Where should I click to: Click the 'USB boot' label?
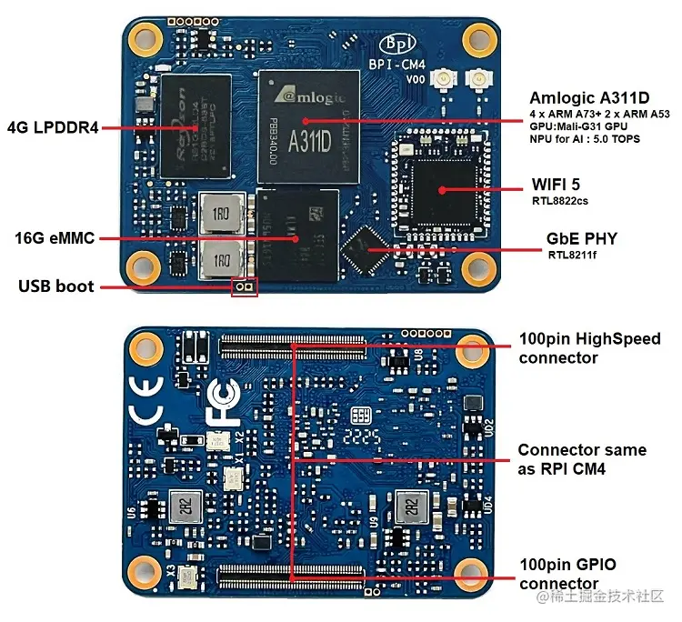(x=56, y=286)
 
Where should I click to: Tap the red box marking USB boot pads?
(x=244, y=287)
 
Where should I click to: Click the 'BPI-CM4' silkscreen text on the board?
(x=394, y=65)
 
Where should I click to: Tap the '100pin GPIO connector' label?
(x=567, y=574)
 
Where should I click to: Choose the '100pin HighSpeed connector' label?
(x=589, y=348)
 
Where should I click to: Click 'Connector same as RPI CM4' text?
(x=582, y=459)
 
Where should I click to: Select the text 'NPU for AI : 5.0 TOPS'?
(x=585, y=139)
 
